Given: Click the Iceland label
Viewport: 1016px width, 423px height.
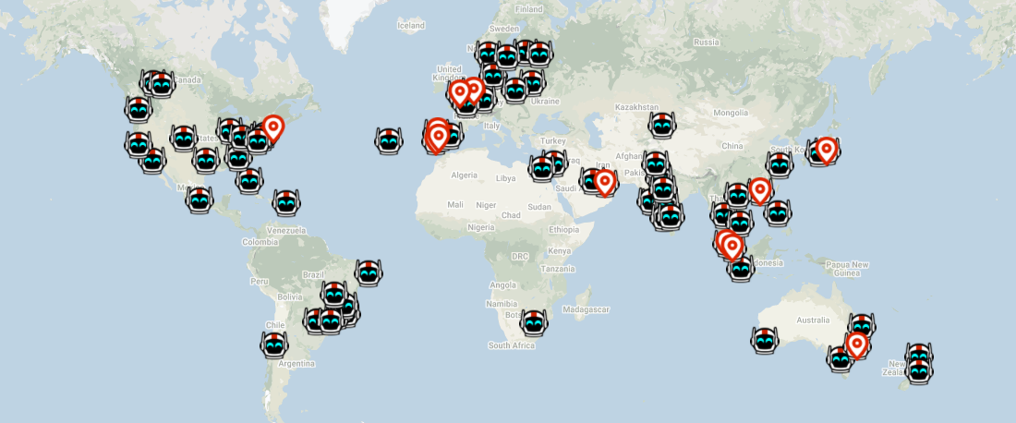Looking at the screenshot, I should (x=411, y=25).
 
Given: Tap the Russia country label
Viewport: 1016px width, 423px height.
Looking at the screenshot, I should (x=706, y=42).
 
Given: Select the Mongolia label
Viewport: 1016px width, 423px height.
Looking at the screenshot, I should (x=730, y=113).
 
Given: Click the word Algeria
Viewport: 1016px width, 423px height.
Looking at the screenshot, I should (x=464, y=175).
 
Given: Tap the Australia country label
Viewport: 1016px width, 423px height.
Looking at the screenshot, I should (x=813, y=320).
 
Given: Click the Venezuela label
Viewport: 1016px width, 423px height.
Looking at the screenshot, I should (x=285, y=229).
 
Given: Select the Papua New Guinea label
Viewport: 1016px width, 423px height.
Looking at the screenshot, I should (x=848, y=269).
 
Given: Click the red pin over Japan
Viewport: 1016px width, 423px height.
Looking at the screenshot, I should (x=826, y=148).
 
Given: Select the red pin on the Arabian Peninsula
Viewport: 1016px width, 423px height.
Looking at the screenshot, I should (x=604, y=181).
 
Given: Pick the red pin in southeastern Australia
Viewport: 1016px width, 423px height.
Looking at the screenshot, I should (x=857, y=344).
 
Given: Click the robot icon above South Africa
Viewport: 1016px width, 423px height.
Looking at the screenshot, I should (x=534, y=322).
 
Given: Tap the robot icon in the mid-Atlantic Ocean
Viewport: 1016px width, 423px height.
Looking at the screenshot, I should (x=389, y=141).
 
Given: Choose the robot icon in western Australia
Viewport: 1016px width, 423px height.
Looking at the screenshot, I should (x=765, y=340).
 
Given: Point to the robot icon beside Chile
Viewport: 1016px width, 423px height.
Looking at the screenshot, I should (x=274, y=345).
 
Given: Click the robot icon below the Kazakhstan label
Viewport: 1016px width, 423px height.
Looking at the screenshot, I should (x=662, y=125).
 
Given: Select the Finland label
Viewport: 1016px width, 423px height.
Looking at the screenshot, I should (x=529, y=9).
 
